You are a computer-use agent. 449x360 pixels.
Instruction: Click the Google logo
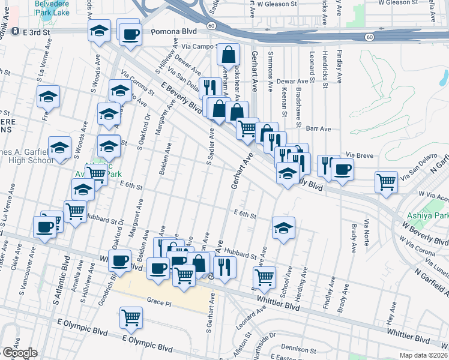click(20, 353)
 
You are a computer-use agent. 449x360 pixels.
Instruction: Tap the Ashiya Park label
click(428, 215)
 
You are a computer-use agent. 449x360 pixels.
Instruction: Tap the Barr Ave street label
click(318, 128)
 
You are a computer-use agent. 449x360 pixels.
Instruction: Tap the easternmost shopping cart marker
click(387, 181)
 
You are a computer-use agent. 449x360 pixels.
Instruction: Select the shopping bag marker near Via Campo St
click(229, 55)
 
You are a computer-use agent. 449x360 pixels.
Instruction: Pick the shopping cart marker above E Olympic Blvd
click(131, 317)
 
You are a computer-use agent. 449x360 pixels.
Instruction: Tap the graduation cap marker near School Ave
click(283, 228)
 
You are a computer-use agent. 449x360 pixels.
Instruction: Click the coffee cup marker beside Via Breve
click(342, 169)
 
